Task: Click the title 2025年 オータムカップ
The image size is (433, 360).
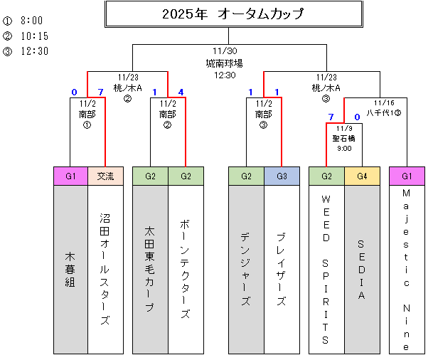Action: (x=232, y=14)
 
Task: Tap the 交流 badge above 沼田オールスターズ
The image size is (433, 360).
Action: (x=105, y=176)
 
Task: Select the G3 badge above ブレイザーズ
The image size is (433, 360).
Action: (x=282, y=176)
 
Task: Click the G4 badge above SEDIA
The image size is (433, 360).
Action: (x=362, y=176)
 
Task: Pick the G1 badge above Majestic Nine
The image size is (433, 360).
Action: (x=407, y=176)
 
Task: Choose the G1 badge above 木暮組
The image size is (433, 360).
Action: (x=70, y=176)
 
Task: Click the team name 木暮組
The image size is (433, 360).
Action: (x=70, y=268)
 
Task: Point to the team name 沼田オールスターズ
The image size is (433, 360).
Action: (x=105, y=268)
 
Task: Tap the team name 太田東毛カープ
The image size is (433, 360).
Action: (x=150, y=268)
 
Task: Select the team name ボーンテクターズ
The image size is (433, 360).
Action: (x=186, y=268)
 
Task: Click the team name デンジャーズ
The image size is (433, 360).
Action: (x=246, y=268)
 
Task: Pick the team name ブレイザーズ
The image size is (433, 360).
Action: (x=282, y=268)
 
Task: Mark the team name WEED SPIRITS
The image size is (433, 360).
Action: (x=326, y=268)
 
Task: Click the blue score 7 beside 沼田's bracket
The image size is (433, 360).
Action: (x=100, y=92)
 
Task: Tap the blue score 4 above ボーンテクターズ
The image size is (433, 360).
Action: (x=181, y=92)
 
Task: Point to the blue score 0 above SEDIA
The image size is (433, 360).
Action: (x=357, y=116)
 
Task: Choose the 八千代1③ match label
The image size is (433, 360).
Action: (x=384, y=107)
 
